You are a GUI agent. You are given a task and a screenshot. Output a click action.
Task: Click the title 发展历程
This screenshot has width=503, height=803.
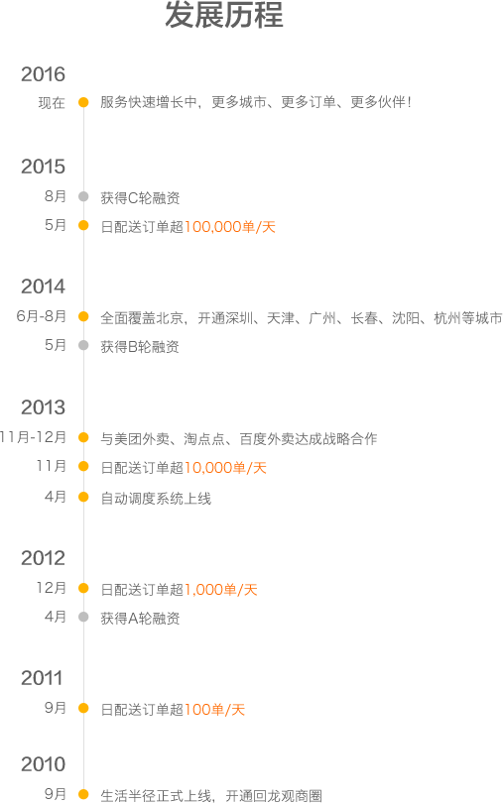[x=224, y=14]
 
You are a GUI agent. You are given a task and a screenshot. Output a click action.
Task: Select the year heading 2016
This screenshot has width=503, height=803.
[x=43, y=74]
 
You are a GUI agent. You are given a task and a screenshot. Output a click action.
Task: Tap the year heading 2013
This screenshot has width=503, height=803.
[x=43, y=407]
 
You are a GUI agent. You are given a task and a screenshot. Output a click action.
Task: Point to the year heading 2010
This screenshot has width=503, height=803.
[x=43, y=764]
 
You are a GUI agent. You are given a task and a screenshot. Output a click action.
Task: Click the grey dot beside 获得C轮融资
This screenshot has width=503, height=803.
[x=83, y=196]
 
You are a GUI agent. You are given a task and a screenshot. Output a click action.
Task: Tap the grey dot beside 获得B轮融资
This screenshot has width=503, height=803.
[x=83, y=346]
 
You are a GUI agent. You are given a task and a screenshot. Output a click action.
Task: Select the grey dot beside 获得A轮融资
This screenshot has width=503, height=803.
[x=83, y=617]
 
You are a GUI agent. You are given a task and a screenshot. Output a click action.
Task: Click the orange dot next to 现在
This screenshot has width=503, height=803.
[x=83, y=102]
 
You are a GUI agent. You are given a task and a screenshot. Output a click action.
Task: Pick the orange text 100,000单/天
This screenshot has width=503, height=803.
[x=230, y=226]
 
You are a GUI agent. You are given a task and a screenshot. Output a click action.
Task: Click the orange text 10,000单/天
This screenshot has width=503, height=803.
[x=225, y=468]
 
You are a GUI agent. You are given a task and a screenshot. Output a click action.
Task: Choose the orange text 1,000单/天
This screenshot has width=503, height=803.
[x=221, y=590]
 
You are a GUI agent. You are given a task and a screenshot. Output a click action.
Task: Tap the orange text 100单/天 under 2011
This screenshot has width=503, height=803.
[x=214, y=709]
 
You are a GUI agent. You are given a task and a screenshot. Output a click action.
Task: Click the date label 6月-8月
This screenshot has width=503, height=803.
[x=41, y=316]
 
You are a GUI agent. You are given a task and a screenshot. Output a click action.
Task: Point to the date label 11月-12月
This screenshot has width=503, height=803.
[x=33, y=437]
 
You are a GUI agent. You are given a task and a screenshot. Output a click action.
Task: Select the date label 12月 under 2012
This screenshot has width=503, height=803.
[x=52, y=588]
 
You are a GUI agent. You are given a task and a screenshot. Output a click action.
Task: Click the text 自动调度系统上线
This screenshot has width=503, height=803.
[x=156, y=499]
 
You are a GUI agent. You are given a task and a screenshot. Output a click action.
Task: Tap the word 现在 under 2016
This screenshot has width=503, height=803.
[x=52, y=103]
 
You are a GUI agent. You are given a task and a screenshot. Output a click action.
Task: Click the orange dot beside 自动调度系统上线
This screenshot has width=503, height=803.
[x=83, y=497]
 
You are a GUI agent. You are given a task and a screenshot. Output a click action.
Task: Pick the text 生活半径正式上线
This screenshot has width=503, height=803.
[x=156, y=795]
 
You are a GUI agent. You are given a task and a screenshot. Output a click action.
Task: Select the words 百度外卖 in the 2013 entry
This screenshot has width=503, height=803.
[x=267, y=439]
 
